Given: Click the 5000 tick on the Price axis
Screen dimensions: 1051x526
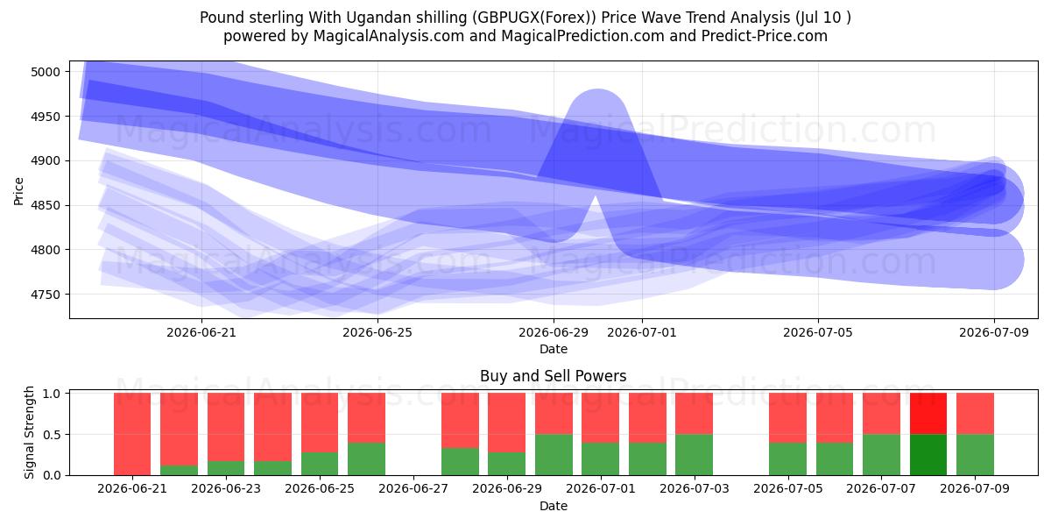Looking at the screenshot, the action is pyautogui.click(x=46, y=72).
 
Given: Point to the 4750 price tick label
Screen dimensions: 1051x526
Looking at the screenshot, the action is pyautogui.click(x=46, y=295).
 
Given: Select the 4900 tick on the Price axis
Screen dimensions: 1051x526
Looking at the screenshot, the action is pyautogui.click(x=46, y=161).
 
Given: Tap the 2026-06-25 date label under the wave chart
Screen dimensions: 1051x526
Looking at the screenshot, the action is pyautogui.click(x=377, y=332).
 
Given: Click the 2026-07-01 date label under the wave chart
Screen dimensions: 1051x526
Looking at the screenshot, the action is pyautogui.click(x=642, y=332).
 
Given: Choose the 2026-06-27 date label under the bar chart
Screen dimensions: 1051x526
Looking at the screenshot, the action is pyautogui.click(x=413, y=488).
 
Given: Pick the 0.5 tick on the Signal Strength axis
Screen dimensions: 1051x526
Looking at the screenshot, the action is pyautogui.click(x=52, y=435).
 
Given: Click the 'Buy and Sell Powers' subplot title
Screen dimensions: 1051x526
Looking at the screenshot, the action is pyautogui.click(x=554, y=376).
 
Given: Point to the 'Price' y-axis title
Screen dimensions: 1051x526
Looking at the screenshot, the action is pyautogui.click(x=18, y=191).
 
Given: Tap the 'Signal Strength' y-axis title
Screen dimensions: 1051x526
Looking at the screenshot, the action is pyautogui.click(x=29, y=432).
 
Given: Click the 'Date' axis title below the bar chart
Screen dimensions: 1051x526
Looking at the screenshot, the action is pyautogui.click(x=554, y=506).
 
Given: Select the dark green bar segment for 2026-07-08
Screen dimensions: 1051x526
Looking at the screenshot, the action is pyautogui.click(x=928, y=455).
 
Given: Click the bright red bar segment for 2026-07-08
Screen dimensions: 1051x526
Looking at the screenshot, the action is pyautogui.click(x=928, y=414).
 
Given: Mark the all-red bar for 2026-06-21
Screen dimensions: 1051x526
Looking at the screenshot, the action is pyautogui.click(x=132, y=434).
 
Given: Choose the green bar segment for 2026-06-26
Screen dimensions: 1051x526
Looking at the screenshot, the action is pyautogui.click(x=366, y=458).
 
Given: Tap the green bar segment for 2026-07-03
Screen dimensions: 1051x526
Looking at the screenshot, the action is pyautogui.click(x=694, y=455).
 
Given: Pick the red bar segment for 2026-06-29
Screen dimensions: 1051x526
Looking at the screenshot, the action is pyautogui.click(x=507, y=423).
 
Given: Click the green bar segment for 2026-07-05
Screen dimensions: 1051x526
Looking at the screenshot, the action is pyautogui.click(x=787, y=458).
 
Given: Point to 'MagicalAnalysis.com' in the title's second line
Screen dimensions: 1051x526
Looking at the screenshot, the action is pyautogui.click(x=389, y=36).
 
